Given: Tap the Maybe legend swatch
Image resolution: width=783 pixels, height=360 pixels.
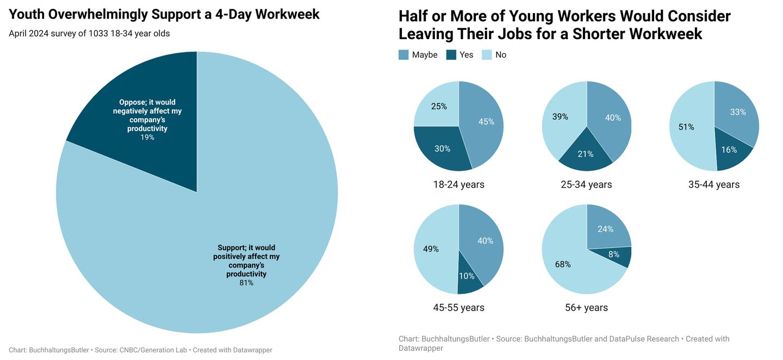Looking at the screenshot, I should click(x=403, y=55).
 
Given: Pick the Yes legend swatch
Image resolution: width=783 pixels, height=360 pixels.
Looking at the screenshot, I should click(x=451, y=55).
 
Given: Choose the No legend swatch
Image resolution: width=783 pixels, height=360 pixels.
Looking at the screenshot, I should click(x=487, y=55).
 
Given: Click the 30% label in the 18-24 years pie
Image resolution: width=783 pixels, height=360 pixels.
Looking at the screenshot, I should click(x=443, y=148).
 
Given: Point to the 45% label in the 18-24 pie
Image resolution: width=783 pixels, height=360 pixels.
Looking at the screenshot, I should click(x=486, y=122).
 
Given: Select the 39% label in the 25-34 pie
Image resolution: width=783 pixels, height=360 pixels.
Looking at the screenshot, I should click(x=560, y=117).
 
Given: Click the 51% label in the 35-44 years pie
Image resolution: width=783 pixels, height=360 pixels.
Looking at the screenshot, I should click(x=686, y=127).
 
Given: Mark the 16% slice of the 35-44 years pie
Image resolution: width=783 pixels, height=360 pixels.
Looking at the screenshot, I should click(x=729, y=150).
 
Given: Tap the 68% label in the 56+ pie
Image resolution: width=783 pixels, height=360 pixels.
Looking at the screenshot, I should click(x=563, y=264).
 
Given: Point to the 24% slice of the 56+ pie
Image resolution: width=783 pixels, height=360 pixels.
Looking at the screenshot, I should click(x=605, y=229).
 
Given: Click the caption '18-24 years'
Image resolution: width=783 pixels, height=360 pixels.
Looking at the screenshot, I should click(x=458, y=185).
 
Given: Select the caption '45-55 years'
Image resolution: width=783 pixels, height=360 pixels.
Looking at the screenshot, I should click(x=458, y=308).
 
